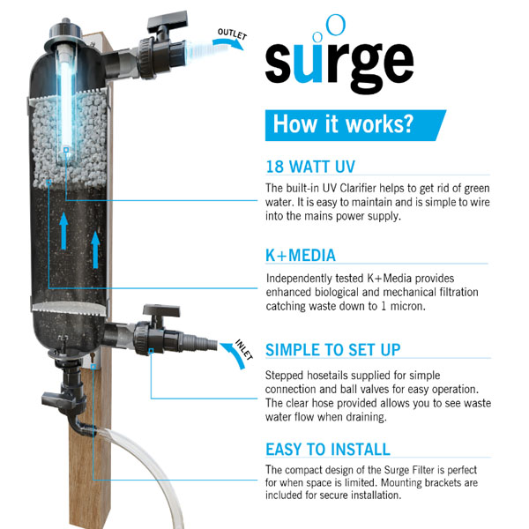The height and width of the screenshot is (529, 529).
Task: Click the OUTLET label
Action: point(233,34)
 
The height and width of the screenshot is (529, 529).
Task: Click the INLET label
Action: point(244,350)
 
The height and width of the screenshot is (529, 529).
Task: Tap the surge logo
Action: point(339,56)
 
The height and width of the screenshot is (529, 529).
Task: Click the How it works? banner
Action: point(355,125)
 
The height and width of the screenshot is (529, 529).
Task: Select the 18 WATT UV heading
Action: point(310,167)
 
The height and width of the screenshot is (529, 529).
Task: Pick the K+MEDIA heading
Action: point(301,255)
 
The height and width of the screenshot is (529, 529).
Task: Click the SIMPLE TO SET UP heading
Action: point(333,350)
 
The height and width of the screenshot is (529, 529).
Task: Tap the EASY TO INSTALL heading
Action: point(328,450)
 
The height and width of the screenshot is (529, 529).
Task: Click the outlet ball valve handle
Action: point(168,20)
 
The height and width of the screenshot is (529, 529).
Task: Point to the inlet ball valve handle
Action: point(161,310)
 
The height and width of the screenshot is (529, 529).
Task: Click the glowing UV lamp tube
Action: point(66,101)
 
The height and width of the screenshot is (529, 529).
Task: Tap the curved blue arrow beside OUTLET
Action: point(228,43)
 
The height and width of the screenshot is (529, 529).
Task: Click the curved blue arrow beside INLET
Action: point(233,355)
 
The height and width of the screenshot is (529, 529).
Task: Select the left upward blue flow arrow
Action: point(63,231)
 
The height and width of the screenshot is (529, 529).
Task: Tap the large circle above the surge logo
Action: point(336,25)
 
